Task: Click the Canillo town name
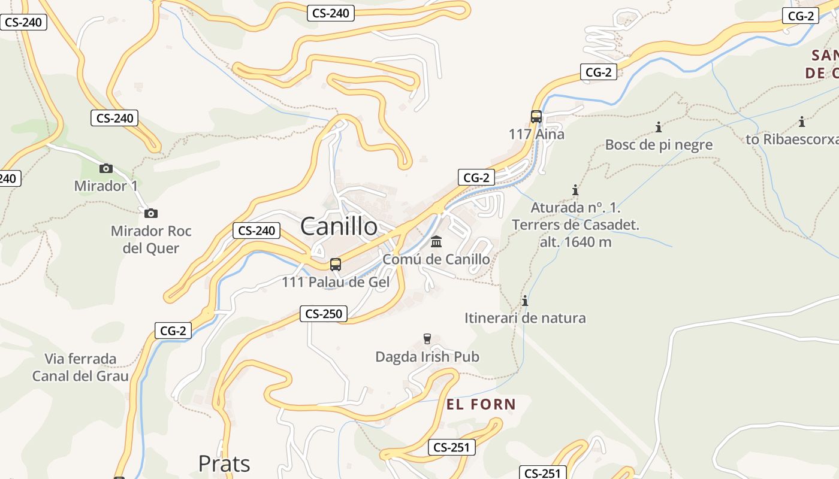tap(339, 226)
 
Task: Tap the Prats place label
tap(224, 463)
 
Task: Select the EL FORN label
tap(481, 404)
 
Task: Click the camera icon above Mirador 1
tap(106, 168)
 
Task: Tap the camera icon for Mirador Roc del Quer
tap(151, 213)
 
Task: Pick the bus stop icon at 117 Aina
tap(536, 116)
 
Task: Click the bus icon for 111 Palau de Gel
tap(336, 264)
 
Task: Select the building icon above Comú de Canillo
tap(436, 242)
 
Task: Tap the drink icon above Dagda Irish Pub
tap(427, 339)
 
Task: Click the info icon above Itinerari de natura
tap(525, 301)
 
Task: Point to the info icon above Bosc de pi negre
tap(659, 127)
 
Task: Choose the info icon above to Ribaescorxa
tap(802, 122)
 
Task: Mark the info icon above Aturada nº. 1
tap(575, 190)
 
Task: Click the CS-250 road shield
tap(324, 314)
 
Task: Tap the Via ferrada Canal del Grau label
tap(80, 367)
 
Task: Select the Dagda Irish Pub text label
tap(427, 357)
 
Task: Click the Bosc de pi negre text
tap(659, 144)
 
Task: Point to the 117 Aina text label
tap(536, 134)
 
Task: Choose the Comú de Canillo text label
tap(436, 259)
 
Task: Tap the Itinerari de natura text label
tap(525, 318)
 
